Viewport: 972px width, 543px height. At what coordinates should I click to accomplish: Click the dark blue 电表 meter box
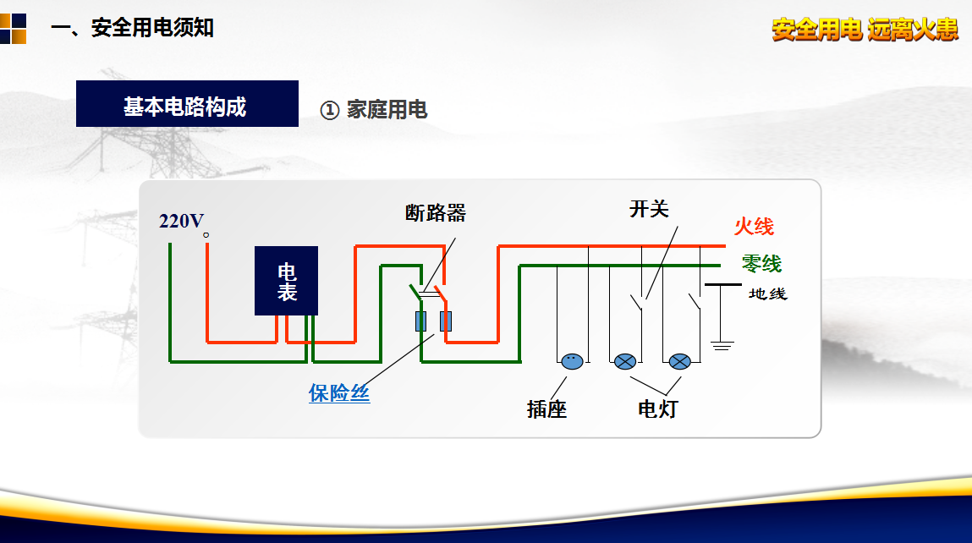click(287, 281)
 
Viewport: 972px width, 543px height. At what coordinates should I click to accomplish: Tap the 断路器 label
click(436, 212)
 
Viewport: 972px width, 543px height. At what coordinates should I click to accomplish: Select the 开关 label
click(649, 209)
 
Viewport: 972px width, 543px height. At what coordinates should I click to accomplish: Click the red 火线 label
click(754, 227)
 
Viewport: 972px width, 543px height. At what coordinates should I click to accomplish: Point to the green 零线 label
click(761, 264)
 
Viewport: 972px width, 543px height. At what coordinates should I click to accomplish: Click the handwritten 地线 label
click(768, 294)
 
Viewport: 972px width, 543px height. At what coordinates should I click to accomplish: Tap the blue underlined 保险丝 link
click(339, 393)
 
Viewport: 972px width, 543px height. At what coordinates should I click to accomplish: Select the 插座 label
click(546, 409)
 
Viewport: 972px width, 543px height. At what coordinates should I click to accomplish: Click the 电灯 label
click(657, 409)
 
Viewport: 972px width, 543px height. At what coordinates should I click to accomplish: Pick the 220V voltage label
click(182, 222)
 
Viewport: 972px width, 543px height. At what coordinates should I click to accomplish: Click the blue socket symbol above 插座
click(572, 361)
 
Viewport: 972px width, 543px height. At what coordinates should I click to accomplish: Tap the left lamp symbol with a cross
click(625, 361)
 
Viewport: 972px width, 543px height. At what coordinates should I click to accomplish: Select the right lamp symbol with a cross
click(680, 361)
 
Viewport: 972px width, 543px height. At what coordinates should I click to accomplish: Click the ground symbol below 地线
click(722, 345)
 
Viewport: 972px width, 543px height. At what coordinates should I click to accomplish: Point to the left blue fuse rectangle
click(420, 321)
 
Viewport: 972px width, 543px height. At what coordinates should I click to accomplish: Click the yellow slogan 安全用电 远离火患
click(865, 30)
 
